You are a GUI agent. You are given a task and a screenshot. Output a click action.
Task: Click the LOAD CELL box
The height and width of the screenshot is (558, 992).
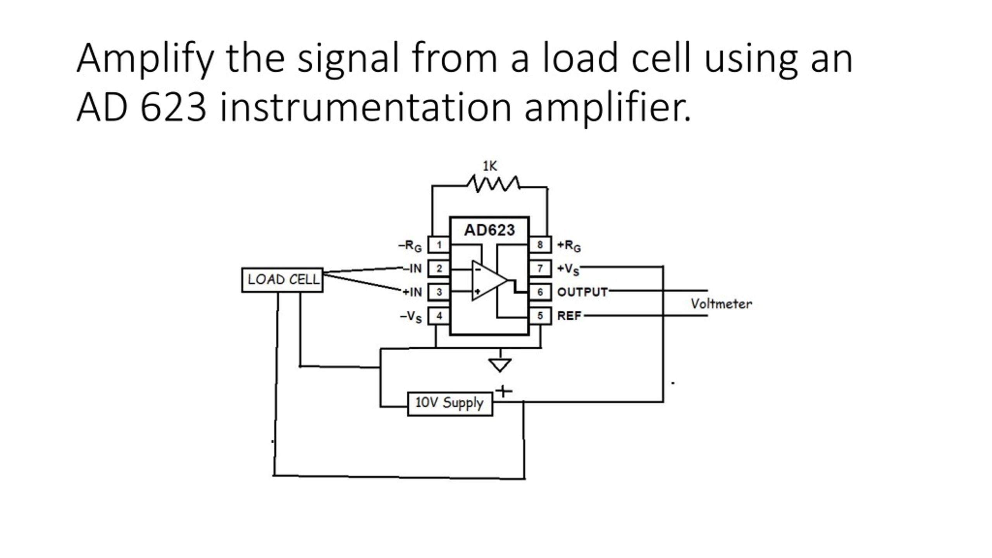(282, 280)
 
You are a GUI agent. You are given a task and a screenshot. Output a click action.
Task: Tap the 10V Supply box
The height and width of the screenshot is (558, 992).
(450, 404)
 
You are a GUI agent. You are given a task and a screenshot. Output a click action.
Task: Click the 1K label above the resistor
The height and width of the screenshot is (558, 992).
(489, 166)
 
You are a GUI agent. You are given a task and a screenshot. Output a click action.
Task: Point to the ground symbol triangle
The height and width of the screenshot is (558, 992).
(500, 365)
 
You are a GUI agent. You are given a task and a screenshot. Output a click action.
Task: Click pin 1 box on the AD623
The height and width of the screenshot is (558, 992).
(439, 245)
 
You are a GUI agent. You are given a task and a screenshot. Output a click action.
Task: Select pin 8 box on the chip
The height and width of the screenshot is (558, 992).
(540, 245)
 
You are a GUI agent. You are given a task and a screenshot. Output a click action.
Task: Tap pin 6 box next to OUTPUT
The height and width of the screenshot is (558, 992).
(540, 292)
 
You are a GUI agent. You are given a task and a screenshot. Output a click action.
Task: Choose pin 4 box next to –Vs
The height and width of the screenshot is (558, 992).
(439, 316)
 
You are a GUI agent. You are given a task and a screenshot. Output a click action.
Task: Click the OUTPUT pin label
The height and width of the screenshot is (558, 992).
(582, 292)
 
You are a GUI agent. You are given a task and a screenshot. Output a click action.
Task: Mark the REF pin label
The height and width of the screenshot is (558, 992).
(569, 316)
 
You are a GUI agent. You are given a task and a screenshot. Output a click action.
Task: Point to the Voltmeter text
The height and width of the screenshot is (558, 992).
(721, 304)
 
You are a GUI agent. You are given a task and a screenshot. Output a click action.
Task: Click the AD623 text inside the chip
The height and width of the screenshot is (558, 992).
(489, 230)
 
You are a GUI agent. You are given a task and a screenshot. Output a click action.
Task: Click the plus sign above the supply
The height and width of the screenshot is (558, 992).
(503, 391)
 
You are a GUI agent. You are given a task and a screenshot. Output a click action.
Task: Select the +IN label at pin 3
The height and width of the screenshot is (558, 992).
(412, 292)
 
